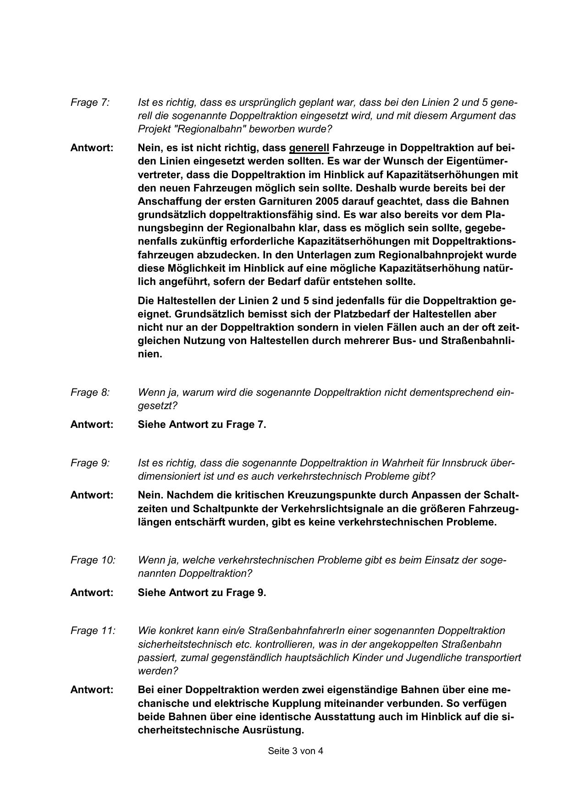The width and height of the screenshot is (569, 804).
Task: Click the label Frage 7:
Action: (x=90, y=102)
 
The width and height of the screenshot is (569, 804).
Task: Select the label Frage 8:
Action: (x=90, y=393)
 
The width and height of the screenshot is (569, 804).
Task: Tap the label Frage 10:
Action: (x=93, y=560)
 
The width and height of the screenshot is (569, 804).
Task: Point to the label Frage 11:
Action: (x=93, y=630)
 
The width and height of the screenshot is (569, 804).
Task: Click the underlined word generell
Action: (x=309, y=148)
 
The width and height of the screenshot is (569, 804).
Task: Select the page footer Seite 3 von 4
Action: (x=295, y=751)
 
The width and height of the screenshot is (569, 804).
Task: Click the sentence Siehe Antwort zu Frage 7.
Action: (x=202, y=424)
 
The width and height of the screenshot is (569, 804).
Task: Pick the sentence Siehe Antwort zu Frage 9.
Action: (x=202, y=592)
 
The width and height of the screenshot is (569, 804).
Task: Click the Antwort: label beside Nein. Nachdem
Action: (x=92, y=495)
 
